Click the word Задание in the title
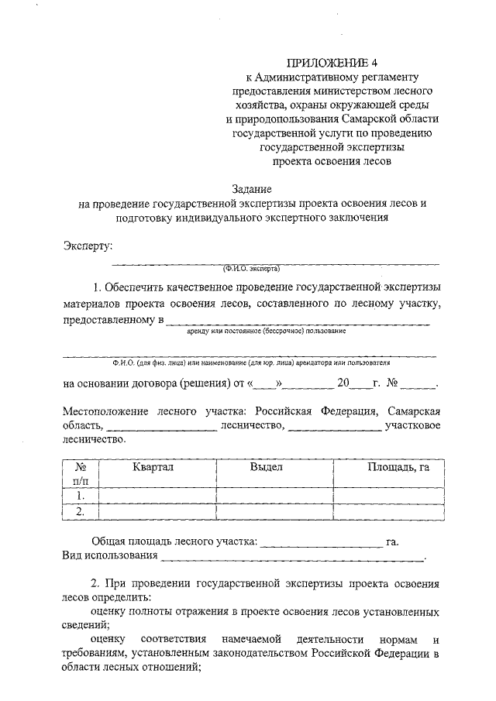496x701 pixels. pos(253,188)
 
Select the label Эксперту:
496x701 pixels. pos(88,246)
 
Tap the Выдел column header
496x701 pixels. pos(266,468)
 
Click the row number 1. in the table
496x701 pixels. pos(79,496)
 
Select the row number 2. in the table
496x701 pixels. pos(79,511)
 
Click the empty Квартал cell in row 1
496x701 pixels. pos(157,496)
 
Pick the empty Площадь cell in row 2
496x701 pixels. pos(389,511)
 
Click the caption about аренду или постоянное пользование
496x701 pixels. pos(266,331)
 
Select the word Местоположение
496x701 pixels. pos(106,411)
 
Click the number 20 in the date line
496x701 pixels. pos(344,383)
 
